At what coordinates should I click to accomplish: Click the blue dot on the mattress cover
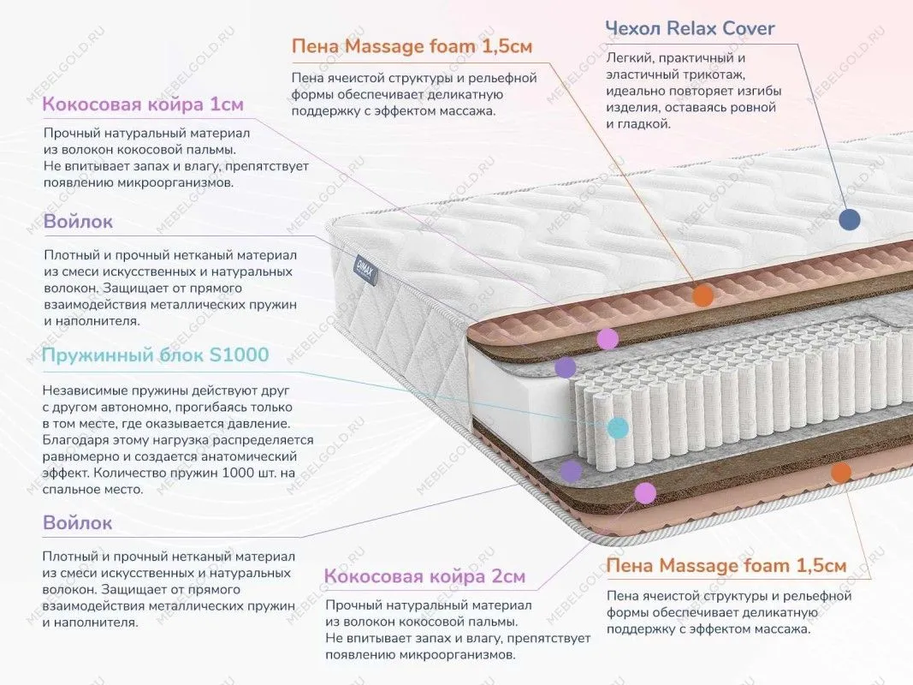[x=849, y=219]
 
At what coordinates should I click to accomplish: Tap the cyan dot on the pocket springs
[x=618, y=427]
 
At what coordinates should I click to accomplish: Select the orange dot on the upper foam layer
[x=703, y=296]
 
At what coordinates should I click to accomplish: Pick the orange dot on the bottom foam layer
[x=841, y=472]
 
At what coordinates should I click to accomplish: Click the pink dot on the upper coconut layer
[x=608, y=338]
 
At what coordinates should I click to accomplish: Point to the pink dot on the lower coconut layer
[x=645, y=492]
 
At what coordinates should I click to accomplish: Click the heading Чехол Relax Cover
[x=690, y=28]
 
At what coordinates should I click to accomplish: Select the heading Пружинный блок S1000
[x=156, y=354]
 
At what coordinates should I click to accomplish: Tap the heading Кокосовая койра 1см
[x=143, y=104]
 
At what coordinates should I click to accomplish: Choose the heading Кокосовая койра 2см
[x=425, y=576]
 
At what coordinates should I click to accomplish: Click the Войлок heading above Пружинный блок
[x=78, y=222]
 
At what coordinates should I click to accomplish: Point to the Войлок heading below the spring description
[x=78, y=522]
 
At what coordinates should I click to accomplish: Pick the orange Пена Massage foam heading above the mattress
[x=412, y=46]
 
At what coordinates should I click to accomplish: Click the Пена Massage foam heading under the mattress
[x=726, y=566]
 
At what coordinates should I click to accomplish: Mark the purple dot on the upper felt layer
[x=566, y=368]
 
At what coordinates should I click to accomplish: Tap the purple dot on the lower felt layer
[x=571, y=470]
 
